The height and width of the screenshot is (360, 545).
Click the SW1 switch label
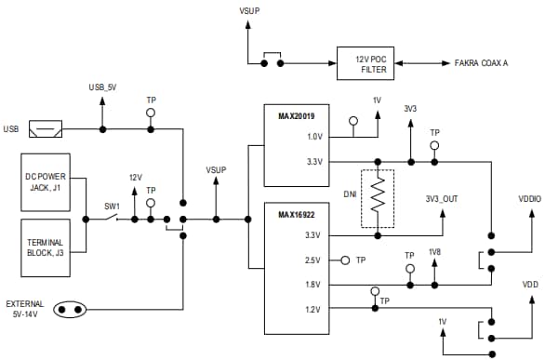[x=109, y=207]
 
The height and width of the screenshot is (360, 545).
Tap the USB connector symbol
[x=46, y=128]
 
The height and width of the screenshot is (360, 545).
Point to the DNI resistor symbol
[x=378, y=197]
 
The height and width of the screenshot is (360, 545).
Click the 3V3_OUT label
[x=441, y=198]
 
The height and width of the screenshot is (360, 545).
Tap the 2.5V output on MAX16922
[x=312, y=260]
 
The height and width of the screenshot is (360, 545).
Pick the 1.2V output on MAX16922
[x=312, y=309]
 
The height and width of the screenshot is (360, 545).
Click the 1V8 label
[x=434, y=253]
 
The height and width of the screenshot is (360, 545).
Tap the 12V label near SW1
[x=136, y=177]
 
